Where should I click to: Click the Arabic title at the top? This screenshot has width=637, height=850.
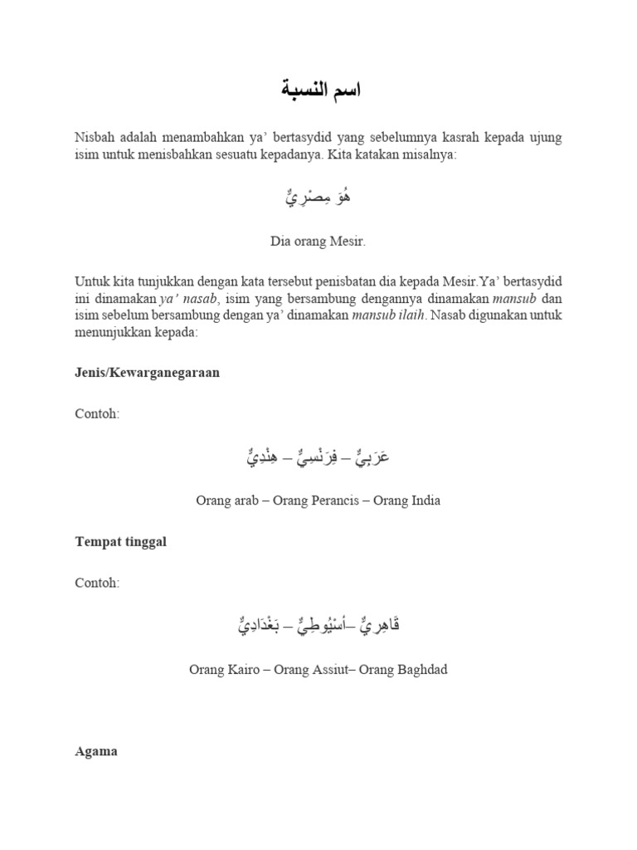click(x=318, y=90)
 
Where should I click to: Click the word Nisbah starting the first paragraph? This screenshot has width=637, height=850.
click(x=94, y=137)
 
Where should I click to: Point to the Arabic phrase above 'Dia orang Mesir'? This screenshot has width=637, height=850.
click(x=318, y=199)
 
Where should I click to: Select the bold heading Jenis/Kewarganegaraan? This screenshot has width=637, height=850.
click(x=147, y=373)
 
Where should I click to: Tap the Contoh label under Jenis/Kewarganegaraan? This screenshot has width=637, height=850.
click(x=97, y=414)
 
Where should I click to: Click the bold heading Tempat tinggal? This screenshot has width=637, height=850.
click(x=120, y=541)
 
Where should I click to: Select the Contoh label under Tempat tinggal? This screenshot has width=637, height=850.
click(x=97, y=583)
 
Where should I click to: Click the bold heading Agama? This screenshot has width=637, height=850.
click(x=96, y=751)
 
